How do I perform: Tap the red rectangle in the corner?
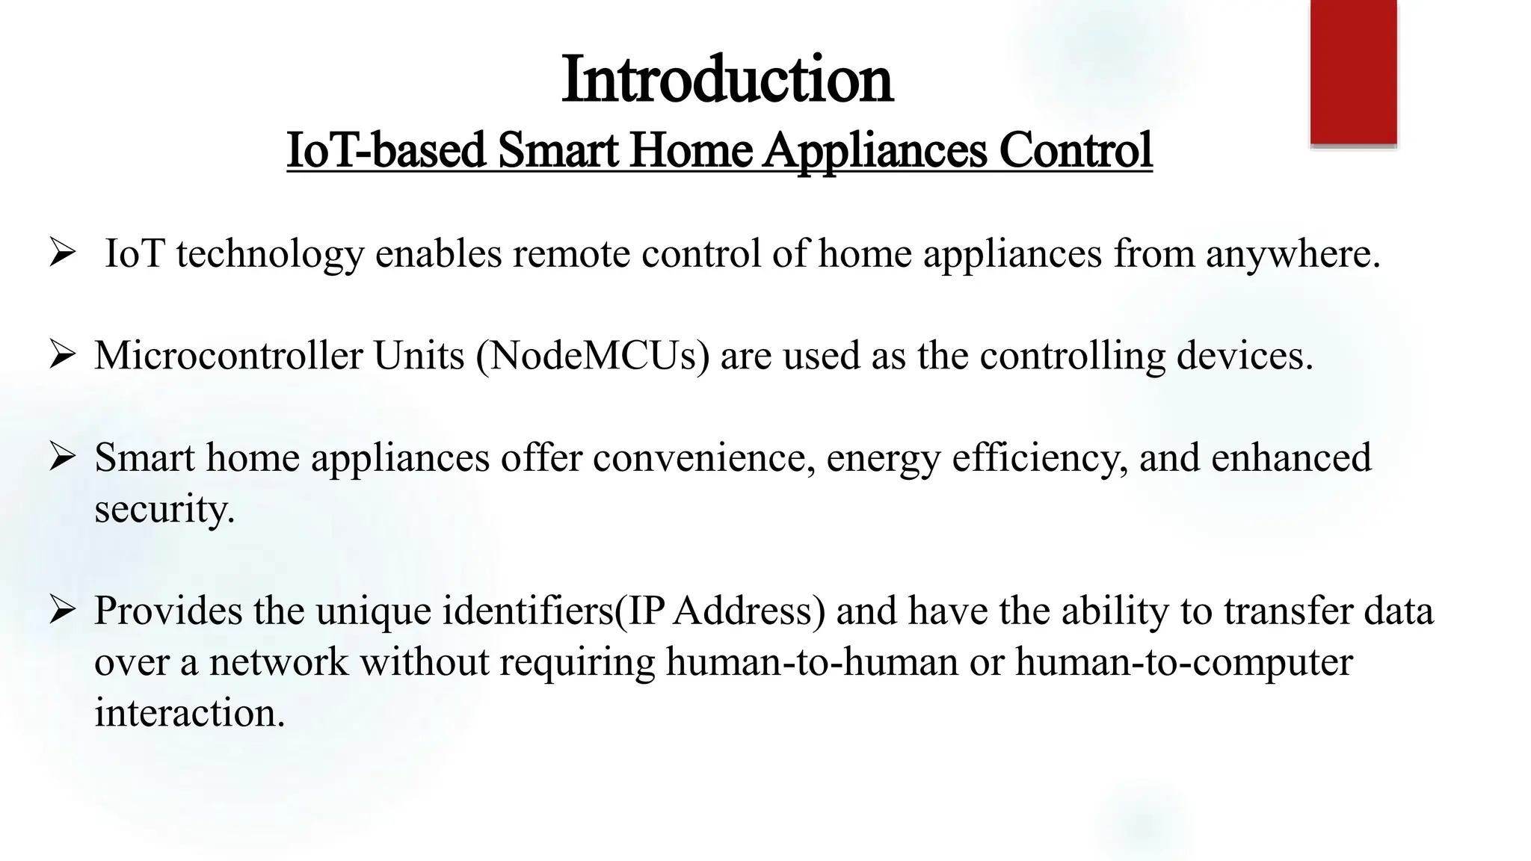(x=1353, y=72)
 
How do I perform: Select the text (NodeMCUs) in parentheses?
(x=592, y=356)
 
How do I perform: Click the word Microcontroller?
(x=228, y=356)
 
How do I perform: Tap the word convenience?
(x=703, y=457)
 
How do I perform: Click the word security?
(x=164, y=510)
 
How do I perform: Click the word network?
(x=278, y=662)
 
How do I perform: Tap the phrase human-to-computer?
(x=1183, y=662)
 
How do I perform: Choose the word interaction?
(x=189, y=712)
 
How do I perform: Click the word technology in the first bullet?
(x=270, y=254)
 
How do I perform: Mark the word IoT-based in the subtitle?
(x=386, y=150)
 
